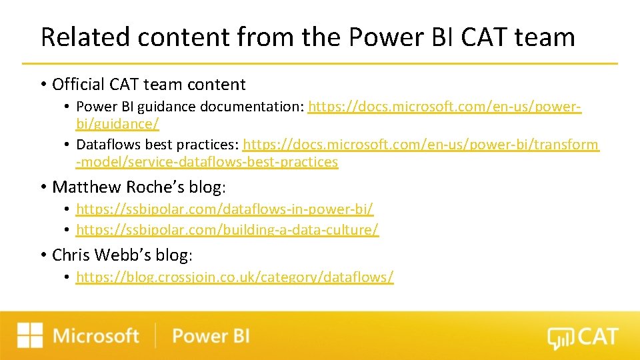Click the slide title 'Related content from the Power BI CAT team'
pos(307,37)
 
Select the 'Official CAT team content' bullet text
pos(149,85)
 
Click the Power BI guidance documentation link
pos(444,107)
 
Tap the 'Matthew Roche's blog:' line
pos(139,187)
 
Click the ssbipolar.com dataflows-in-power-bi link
pos(225,209)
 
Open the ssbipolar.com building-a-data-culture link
pos(227,230)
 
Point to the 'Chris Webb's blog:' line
pos(122,255)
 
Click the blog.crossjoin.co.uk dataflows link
pos(235,277)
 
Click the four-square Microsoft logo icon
pos(30,335)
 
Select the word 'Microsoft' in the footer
pos(96,335)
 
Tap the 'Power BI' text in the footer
pos(211,335)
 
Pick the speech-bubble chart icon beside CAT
pos(559,339)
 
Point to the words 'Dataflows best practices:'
pos(157,145)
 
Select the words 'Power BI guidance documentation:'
pos(190,107)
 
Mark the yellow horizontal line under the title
pos(320,63)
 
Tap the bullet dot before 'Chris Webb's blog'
pos(43,255)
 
